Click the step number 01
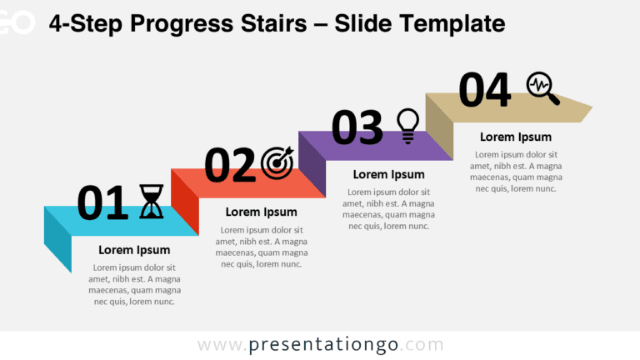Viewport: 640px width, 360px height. click(102, 203)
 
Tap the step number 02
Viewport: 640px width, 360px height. click(229, 166)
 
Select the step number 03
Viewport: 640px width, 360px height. click(357, 128)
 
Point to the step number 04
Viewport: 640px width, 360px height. click(484, 90)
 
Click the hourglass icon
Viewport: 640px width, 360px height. click(151, 202)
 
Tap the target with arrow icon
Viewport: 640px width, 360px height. click(277, 163)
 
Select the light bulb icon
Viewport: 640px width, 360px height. click(407, 126)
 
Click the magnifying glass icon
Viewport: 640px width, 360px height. click(542, 88)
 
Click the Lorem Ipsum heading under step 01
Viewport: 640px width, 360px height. click(134, 250)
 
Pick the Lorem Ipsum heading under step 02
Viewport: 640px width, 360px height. click(261, 212)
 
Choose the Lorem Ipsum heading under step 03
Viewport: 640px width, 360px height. click(388, 175)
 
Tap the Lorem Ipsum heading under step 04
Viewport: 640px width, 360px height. click(515, 137)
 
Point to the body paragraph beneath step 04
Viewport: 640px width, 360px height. click(515, 172)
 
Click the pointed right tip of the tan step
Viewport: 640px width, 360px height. click(587, 108)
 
